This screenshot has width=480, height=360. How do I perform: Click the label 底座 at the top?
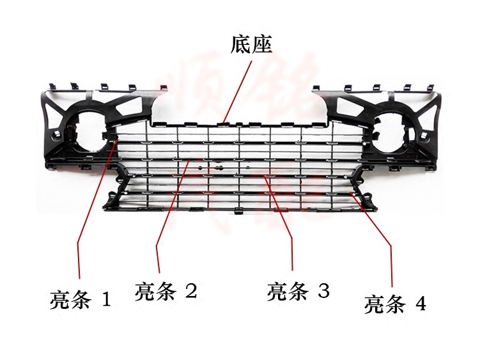click(x=251, y=44)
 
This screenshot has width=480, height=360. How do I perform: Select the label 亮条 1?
click(x=81, y=299)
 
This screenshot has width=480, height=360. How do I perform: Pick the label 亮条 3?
click(x=298, y=292)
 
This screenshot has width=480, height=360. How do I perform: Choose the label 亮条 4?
click(x=395, y=304)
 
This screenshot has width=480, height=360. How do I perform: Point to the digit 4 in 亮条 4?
click(x=420, y=304)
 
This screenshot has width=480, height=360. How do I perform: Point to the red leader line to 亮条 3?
click(x=281, y=217)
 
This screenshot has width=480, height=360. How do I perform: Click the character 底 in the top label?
click(x=241, y=44)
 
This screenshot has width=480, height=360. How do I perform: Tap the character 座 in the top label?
click(x=262, y=44)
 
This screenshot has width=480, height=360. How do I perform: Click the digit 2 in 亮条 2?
click(x=190, y=291)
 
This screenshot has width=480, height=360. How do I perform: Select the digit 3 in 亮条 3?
click(x=323, y=292)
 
